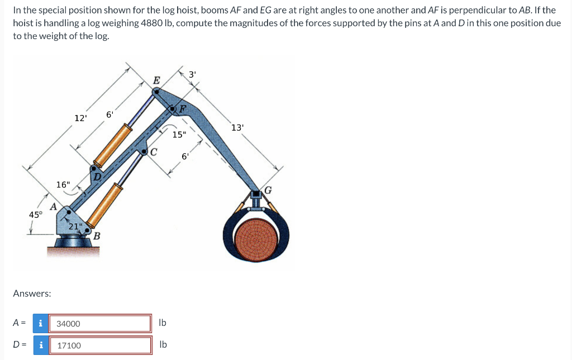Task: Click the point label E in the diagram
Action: tap(156, 80)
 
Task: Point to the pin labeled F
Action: tap(174, 109)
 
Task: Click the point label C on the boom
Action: tap(154, 151)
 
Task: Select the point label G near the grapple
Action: tap(268, 191)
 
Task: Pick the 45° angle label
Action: tap(35, 215)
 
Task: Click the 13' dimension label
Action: tap(237, 128)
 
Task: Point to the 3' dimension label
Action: tap(192, 74)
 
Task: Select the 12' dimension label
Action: tap(80, 118)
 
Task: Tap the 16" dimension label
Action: tap(63, 184)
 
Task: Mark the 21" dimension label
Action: tap(75, 226)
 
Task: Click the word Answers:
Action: tap(32, 293)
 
